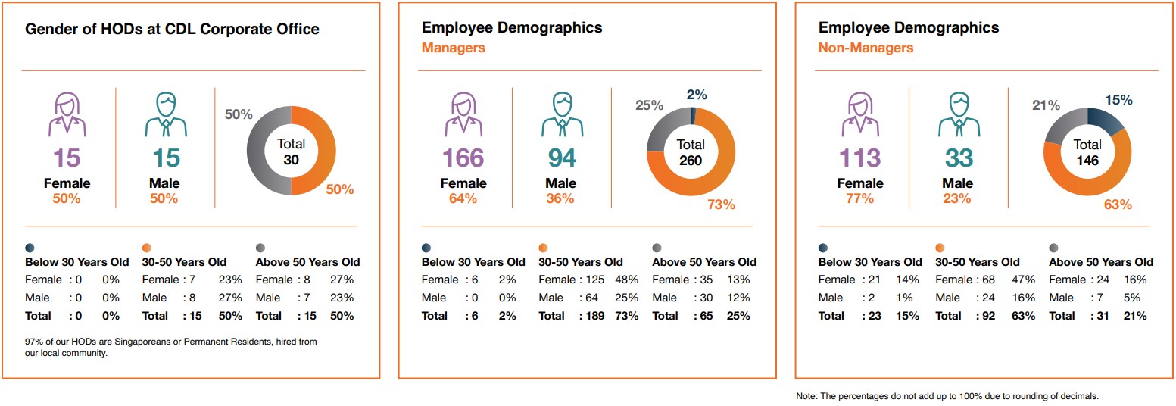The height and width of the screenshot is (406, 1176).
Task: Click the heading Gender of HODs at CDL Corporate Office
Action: (173, 30)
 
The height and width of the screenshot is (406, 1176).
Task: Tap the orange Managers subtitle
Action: (453, 48)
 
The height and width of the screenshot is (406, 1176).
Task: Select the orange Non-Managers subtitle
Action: (866, 48)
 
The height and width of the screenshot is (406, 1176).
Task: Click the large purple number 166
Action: (463, 158)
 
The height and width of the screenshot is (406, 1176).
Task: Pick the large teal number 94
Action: (561, 158)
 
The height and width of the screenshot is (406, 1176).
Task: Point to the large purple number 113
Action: (859, 158)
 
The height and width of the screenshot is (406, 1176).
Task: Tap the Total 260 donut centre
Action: (690, 152)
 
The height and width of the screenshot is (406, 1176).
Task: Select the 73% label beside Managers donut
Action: (721, 205)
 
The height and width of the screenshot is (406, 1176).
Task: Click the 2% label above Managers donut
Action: (697, 95)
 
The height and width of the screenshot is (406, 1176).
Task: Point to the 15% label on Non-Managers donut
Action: (1118, 100)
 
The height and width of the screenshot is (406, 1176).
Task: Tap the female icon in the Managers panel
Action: (463, 114)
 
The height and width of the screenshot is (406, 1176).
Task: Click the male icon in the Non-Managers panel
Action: (958, 114)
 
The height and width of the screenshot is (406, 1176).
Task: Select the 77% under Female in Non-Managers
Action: (859, 198)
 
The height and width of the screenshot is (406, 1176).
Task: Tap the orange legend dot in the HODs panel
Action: (147, 248)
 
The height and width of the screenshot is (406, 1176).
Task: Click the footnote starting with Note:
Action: (947, 396)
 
